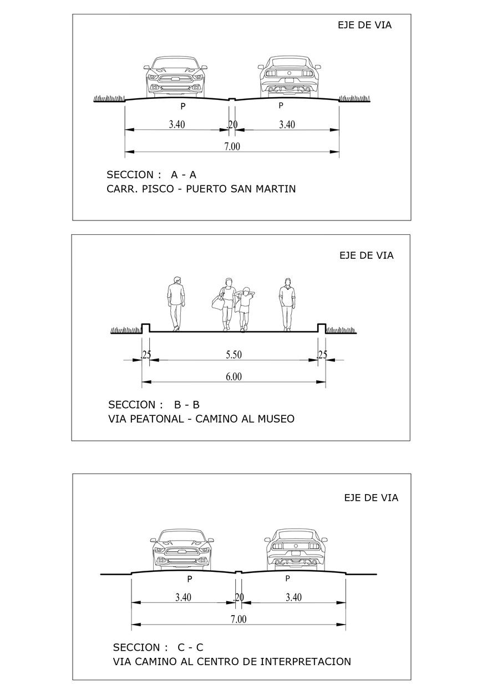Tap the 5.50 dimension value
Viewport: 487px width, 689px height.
pyautogui.click(x=233, y=355)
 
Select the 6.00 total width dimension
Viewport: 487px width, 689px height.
pyautogui.click(x=233, y=377)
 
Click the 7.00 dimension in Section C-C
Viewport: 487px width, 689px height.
pyautogui.click(x=238, y=620)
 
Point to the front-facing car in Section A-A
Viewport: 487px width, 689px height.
pyautogui.click(x=175, y=77)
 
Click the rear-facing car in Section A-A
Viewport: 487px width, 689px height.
pyautogui.click(x=290, y=77)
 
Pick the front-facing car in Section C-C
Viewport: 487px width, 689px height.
pyautogui.click(x=182, y=550)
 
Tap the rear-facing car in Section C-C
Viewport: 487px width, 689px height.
pyautogui.click(x=296, y=550)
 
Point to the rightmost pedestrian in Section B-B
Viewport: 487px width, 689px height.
pyautogui.click(x=287, y=304)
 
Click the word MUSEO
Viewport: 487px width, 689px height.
pyautogui.click(x=276, y=419)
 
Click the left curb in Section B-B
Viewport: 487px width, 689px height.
pyautogui.click(x=146, y=328)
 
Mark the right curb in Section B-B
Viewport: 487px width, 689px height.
pyautogui.click(x=321, y=328)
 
